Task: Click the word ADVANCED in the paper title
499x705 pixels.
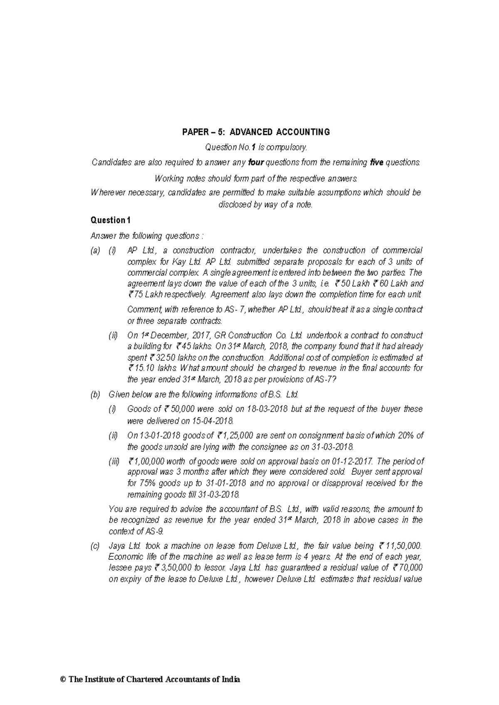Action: coord(249,132)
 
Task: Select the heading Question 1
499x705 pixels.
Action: coord(111,220)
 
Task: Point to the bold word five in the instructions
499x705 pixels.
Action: coord(376,162)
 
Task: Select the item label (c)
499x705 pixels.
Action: coord(95,546)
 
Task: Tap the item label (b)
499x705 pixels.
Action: coord(95,394)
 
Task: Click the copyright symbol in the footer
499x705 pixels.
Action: coord(63,680)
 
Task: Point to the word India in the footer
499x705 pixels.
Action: coord(231,680)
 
